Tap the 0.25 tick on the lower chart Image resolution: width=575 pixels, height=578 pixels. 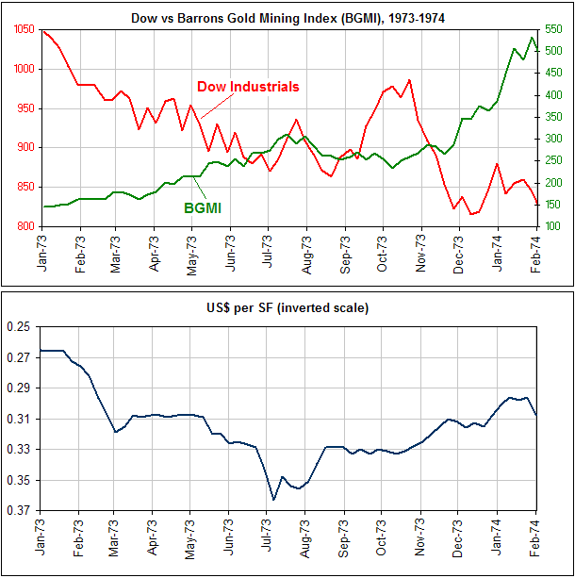pos(19,327)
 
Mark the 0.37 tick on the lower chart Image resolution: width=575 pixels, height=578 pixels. pos(19,512)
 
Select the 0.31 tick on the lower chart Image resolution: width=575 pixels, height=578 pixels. pos(19,420)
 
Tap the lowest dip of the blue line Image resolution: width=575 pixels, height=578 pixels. pos(273,500)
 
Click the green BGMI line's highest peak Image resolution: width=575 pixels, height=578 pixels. pos(533,38)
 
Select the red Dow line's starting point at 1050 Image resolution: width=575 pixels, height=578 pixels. pos(43,31)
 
